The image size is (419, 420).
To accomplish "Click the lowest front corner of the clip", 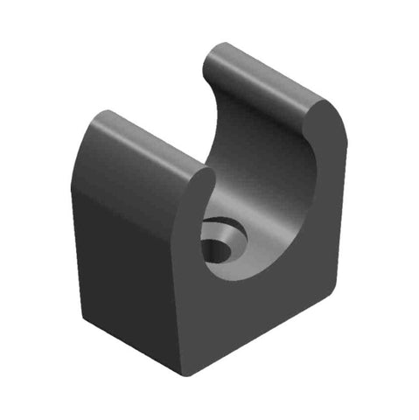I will (185, 373).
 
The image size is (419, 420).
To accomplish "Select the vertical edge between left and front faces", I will (178, 297).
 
